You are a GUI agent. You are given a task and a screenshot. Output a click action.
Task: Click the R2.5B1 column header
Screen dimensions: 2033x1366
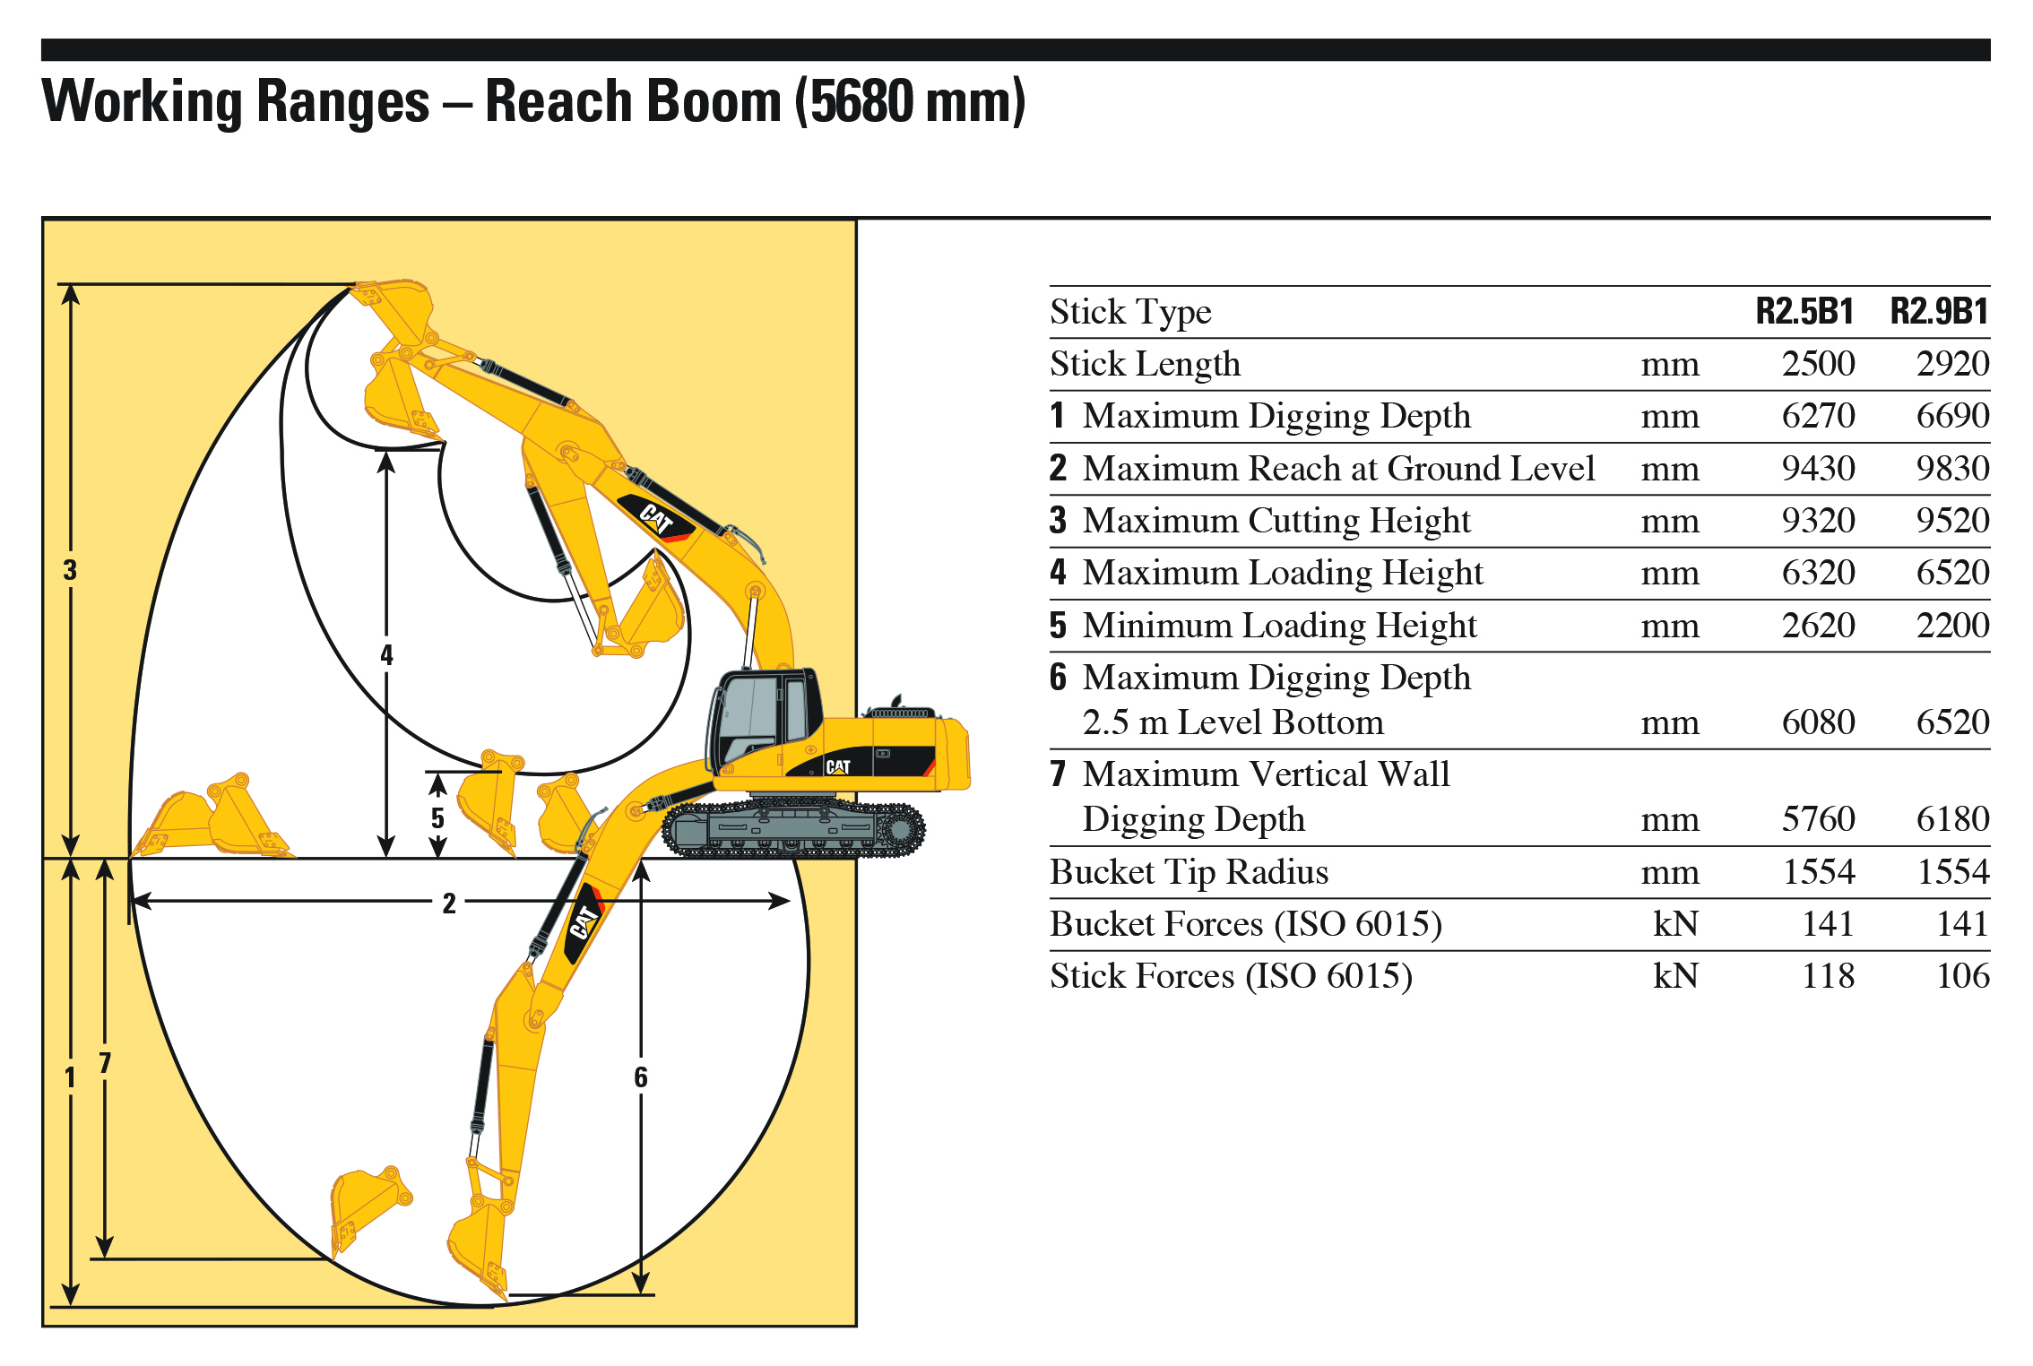1804,311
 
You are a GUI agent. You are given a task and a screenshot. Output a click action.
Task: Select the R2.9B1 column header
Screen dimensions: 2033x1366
1939,311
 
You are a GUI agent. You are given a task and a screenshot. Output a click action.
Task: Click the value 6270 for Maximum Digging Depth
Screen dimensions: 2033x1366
1818,416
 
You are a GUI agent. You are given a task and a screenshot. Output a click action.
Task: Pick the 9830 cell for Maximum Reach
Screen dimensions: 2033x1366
1952,468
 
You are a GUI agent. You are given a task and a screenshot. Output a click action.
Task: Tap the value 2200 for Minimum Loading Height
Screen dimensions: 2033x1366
1952,625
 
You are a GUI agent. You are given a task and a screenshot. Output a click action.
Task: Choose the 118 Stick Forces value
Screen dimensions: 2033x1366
1828,975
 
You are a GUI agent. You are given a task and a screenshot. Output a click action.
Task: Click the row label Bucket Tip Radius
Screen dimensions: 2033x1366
1189,871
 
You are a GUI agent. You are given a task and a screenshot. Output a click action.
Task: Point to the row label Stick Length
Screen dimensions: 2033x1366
1146,364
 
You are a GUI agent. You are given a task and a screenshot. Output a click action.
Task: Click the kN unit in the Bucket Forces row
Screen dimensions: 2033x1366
1675,923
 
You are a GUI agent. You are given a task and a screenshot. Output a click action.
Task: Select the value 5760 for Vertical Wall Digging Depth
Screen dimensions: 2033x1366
1818,818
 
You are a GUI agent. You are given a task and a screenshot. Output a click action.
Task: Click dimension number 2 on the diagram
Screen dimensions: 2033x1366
449,903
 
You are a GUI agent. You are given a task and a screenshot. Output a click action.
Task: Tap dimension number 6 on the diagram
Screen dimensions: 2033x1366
640,1077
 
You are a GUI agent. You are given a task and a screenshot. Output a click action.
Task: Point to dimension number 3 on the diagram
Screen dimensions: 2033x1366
70,570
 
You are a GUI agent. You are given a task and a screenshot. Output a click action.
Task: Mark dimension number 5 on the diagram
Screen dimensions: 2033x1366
437,817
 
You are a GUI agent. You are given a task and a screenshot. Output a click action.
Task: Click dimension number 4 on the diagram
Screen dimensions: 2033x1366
386,654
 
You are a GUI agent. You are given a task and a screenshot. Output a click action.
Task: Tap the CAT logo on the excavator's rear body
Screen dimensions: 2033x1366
838,767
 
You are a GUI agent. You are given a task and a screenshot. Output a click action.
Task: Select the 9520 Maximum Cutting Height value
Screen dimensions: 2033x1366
1952,521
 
